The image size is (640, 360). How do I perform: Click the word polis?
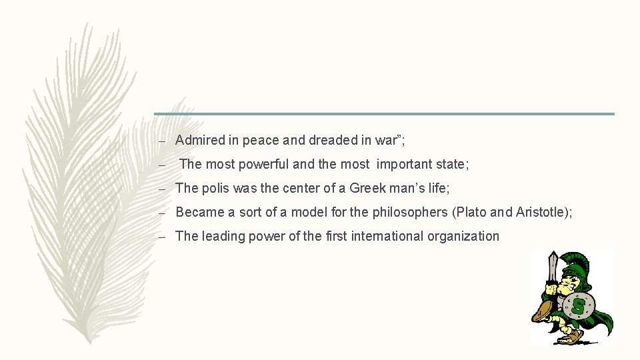point(215,189)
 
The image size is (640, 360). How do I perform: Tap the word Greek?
point(367,189)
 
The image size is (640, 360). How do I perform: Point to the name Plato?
point(471,213)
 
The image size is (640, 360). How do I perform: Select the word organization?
point(466,236)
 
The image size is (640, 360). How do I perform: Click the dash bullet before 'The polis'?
point(162,189)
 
